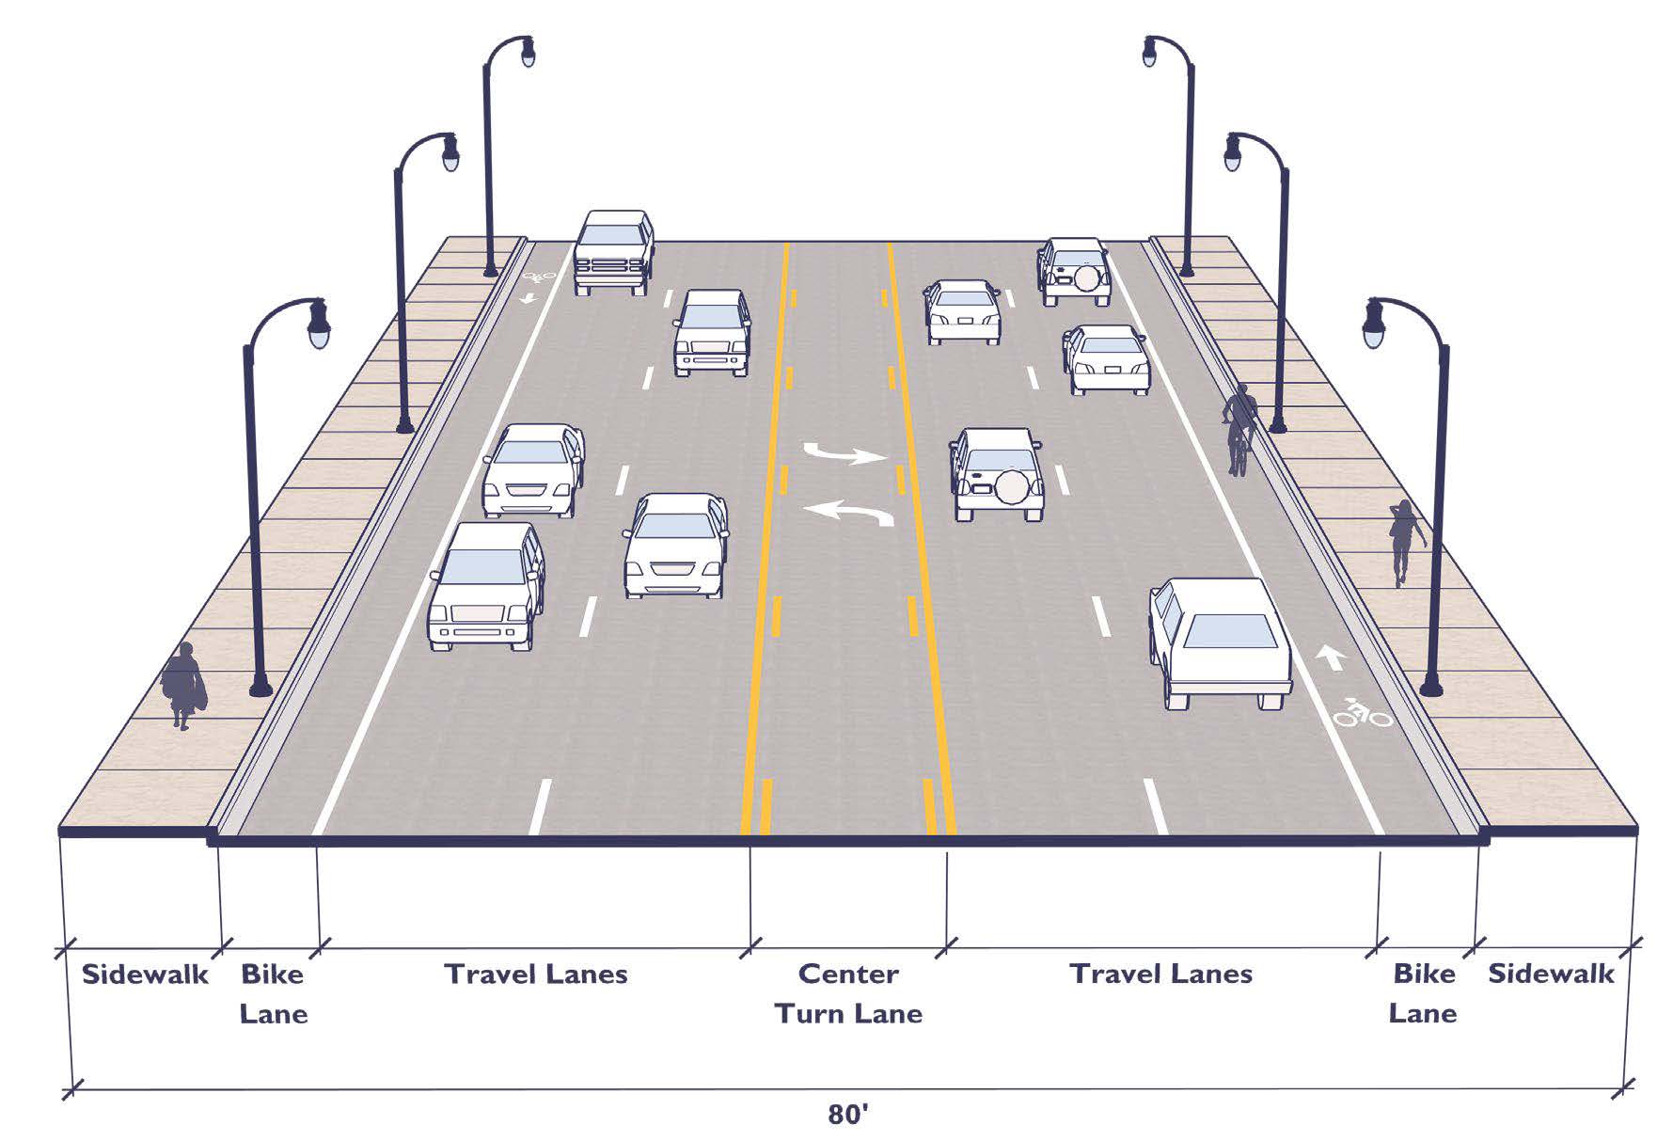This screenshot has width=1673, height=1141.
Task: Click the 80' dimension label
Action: [x=847, y=1114]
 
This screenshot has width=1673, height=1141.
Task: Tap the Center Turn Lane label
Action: [x=848, y=993]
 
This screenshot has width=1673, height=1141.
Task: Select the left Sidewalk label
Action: [x=145, y=974]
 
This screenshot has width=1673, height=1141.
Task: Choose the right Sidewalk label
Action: [x=1551, y=973]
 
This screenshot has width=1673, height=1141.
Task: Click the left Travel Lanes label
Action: [x=536, y=974]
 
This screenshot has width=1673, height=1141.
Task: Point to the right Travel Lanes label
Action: [x=1160, y=973]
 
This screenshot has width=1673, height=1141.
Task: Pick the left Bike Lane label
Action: [x=273, y=993]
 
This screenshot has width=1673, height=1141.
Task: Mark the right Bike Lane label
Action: [x=1423, y=993]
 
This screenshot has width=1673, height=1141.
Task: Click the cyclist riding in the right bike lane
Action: [x=1239, y=429]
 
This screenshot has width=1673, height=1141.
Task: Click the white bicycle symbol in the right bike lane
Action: [x=1363, y=715]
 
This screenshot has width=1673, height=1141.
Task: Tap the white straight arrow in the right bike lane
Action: [x=1330, y=656]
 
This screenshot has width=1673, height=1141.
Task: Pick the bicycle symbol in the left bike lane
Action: [x=540, y=277]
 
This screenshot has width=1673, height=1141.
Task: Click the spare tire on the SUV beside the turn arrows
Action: [x=1012, y=486]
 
